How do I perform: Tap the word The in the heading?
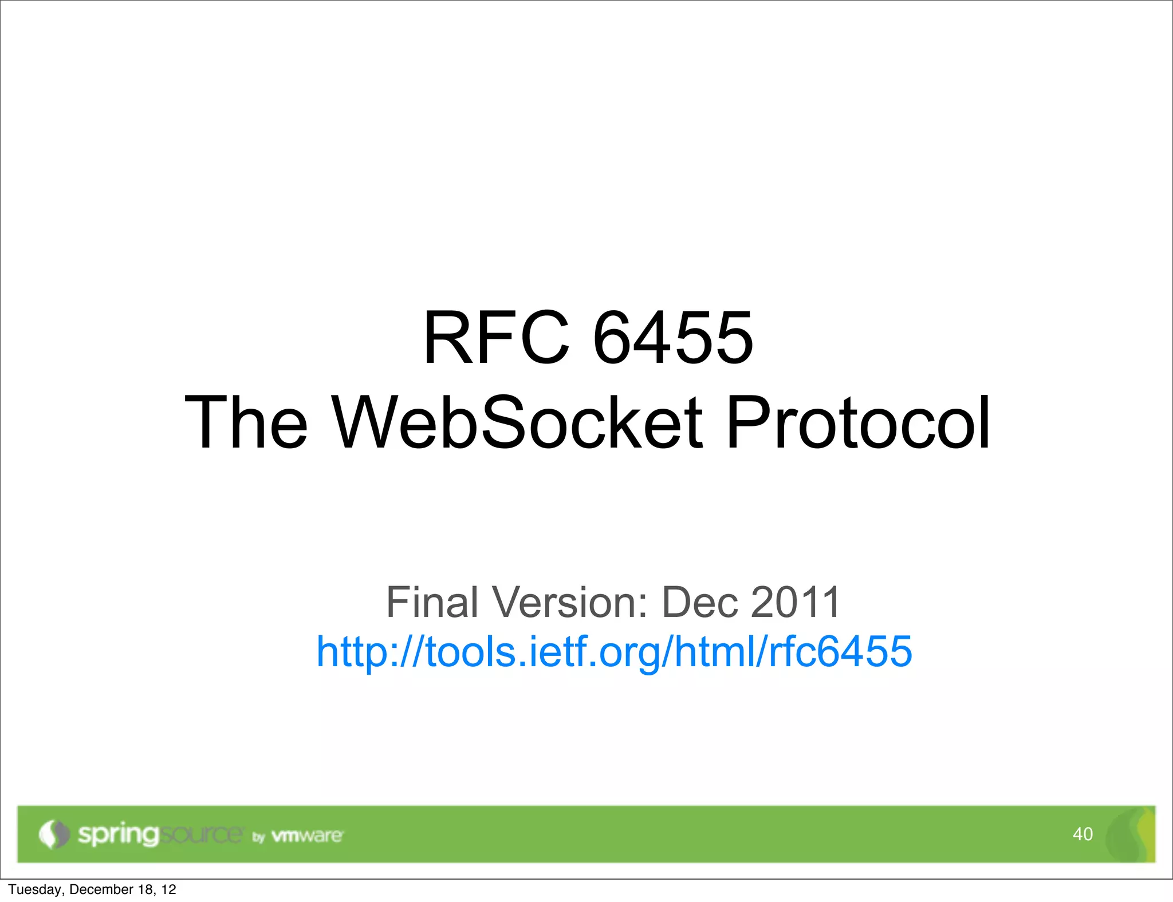[x=246, y=423]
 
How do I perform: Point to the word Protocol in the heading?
[x=857, y=423]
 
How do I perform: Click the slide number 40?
[x=1083, y=834]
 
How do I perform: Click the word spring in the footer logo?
[x=118, y=835]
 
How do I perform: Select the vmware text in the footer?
[x=307, y=836]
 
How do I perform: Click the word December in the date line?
[x=101, y=889]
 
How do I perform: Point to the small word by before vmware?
[x=259, y=837]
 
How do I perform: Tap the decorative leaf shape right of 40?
[x=1131, y=834]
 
